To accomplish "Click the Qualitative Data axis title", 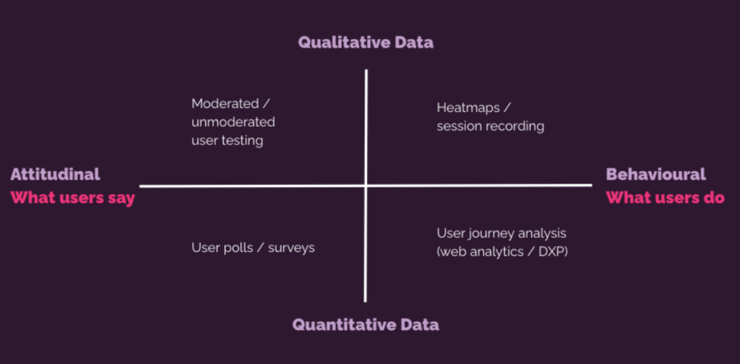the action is click(x=366, y=43).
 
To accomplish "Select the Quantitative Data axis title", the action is click(x=366, y=324).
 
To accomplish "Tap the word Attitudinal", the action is click(x=55, y=175).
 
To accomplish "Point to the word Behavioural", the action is click(x=656, y=175).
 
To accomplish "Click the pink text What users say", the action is click(x=73, y=198).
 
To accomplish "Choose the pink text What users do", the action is click(x=666, y=198).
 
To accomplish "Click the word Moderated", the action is click(x=225, y=103).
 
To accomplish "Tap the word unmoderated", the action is click(x=233, y=122).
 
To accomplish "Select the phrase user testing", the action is click(x=228, y=141).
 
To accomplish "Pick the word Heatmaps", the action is click(x=468, y=108).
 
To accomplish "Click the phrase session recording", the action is click(x=491, y=126).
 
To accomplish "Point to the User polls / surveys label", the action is click(x=253, y=248).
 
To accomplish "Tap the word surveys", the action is click(x=291, y=248).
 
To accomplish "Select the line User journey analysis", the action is click(x=502, y=233).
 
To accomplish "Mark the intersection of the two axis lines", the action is click(x=366, y=186).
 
